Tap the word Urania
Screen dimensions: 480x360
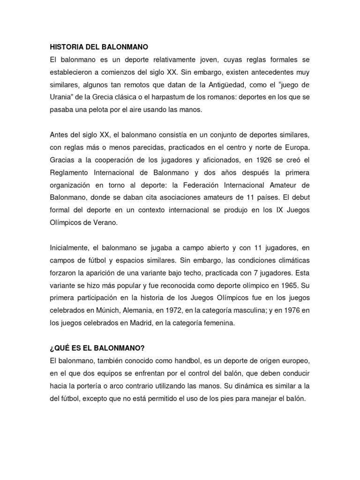pos(61,97)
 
